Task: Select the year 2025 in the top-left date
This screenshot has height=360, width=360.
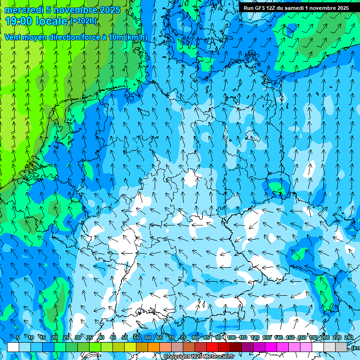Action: pos(109,10)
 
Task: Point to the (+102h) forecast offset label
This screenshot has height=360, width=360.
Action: pos(83,21)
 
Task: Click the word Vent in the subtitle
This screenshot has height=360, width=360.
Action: pos(13,37)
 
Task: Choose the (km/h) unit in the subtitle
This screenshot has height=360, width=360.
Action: pos(136,37)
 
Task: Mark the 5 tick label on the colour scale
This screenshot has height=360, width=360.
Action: pos(18,337)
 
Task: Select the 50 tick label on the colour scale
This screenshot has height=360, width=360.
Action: pos(125,337)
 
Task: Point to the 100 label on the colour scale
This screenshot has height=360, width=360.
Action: pos(232,337)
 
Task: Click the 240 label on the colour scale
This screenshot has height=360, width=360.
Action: pos(349,337)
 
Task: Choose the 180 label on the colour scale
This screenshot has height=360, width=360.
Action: pos(314,337)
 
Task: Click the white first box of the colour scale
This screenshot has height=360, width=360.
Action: pos(13,347)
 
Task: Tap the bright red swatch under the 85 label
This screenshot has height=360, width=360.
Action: pos(212,347)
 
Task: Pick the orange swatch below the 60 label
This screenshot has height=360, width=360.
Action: pos(154,347)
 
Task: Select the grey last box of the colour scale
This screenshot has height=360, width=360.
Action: pos(341,347)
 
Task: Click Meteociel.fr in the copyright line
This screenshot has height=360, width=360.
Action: pos(219,357)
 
